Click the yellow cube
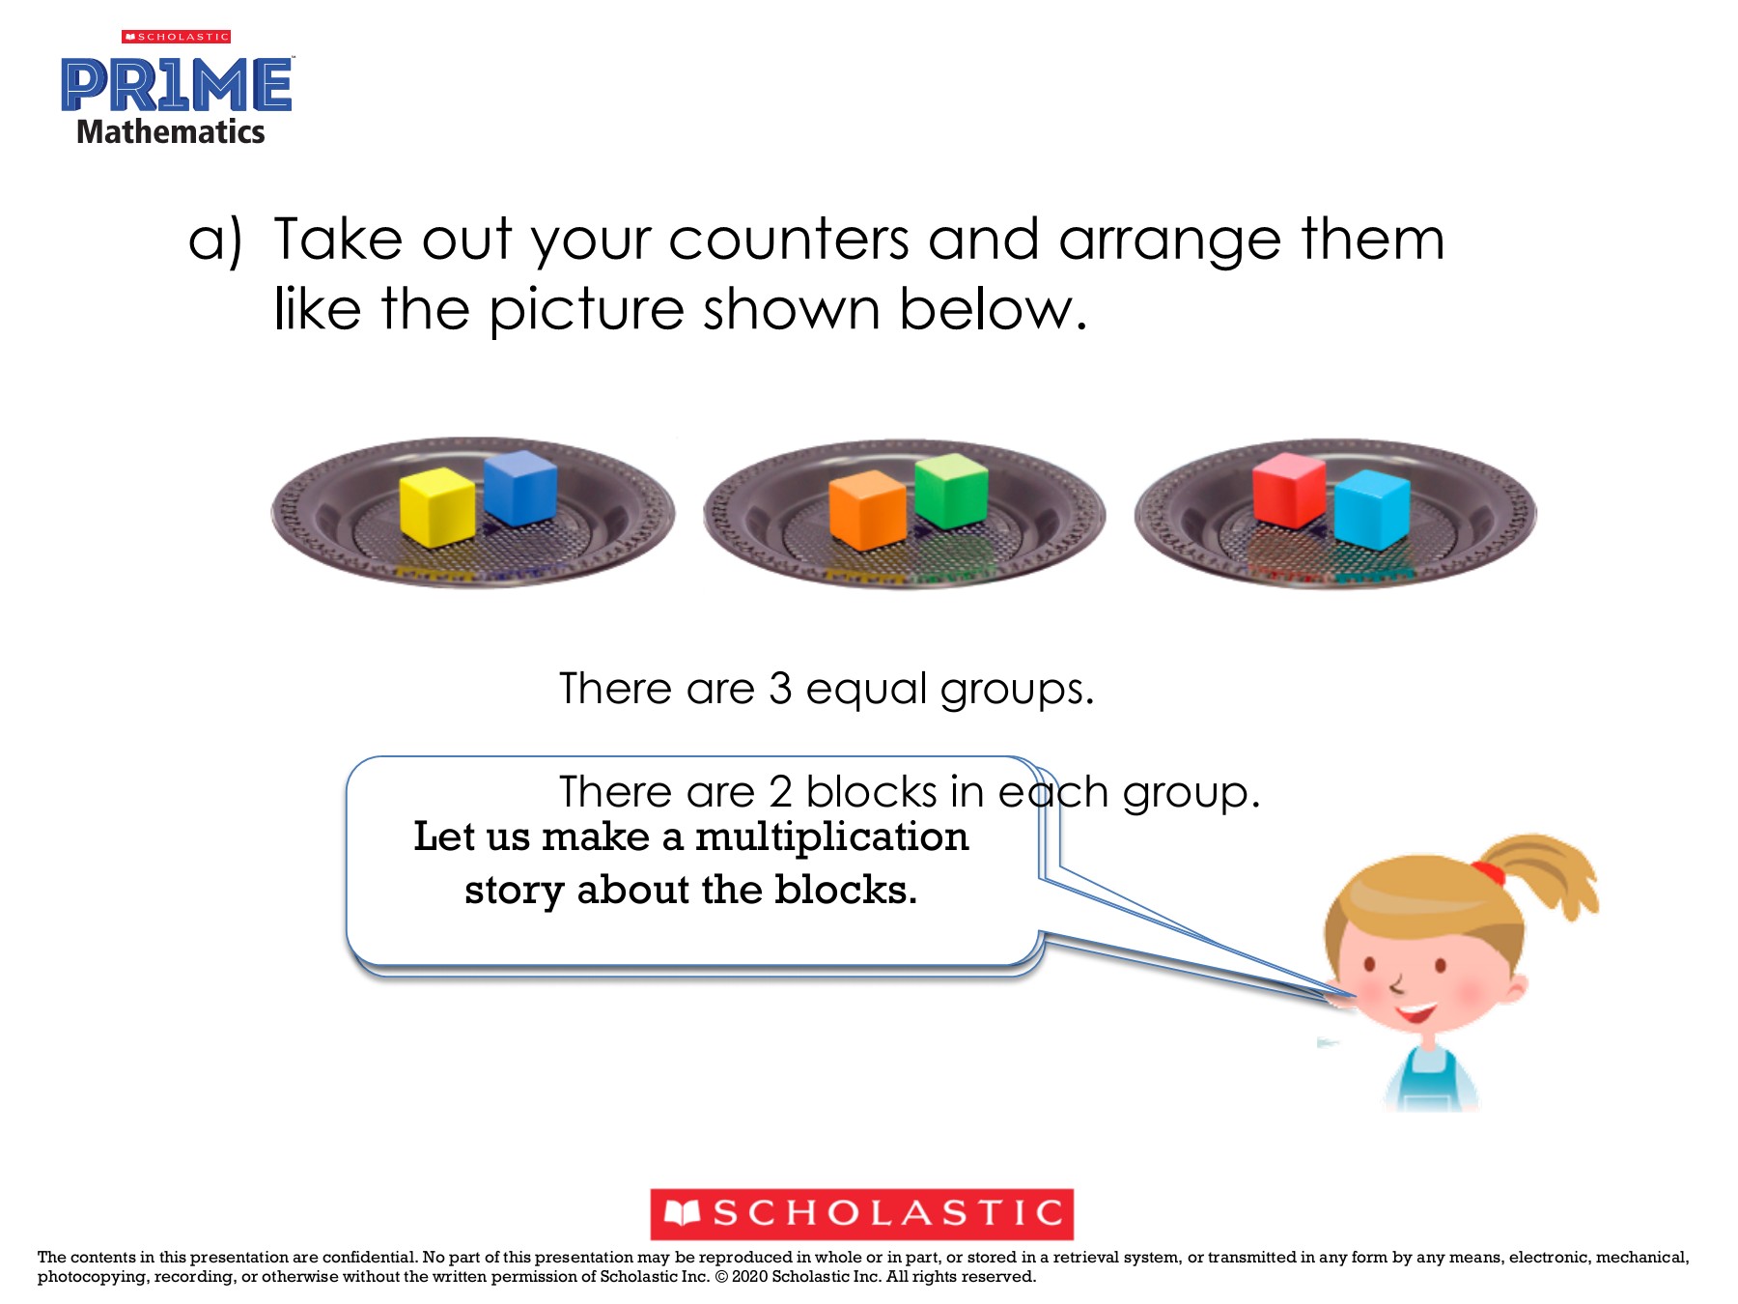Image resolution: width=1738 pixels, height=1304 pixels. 437,507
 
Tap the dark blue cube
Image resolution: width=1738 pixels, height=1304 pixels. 520,488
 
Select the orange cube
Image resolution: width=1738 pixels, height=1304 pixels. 868,510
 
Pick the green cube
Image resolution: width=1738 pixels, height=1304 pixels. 951,491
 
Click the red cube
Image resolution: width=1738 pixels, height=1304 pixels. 1289,491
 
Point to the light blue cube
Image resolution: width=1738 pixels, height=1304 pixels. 1372,509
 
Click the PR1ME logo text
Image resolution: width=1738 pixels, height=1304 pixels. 177,85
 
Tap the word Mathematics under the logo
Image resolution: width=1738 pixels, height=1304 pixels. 171,131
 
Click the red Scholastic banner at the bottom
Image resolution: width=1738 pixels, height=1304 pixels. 861,1214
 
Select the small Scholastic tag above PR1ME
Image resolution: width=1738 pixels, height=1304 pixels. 176,37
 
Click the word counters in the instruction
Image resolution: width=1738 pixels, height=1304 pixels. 789,240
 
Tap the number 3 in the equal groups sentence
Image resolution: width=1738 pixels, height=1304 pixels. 780,689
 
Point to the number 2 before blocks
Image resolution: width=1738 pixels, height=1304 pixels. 780,792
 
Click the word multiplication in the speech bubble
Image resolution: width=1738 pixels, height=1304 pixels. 831,836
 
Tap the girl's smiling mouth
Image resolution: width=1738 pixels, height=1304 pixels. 1416,1013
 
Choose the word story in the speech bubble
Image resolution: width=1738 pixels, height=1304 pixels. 515,891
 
